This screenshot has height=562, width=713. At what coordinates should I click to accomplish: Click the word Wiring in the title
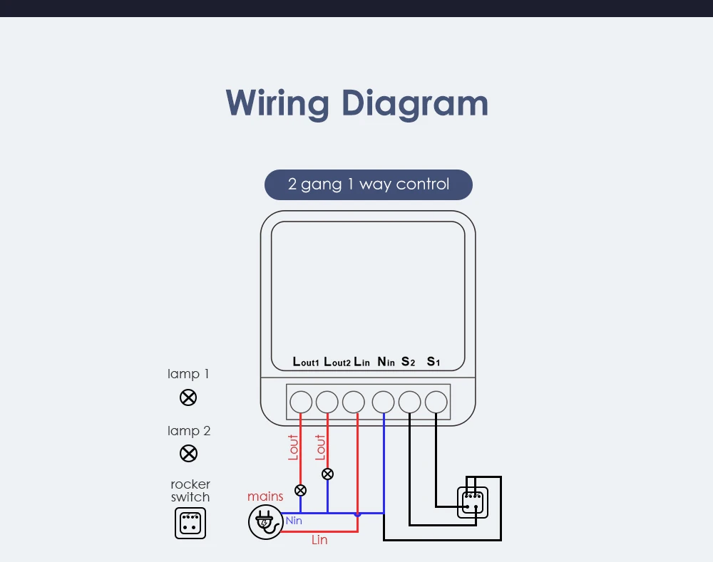tap(276, 103)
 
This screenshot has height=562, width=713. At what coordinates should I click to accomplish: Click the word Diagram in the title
tap(414, 103)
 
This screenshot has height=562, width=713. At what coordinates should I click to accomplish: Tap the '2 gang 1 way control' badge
tap(368, 184)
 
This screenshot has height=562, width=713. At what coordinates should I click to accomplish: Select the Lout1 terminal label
tap(306, 362)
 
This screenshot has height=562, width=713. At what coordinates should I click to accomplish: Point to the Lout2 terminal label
tap(337, 362)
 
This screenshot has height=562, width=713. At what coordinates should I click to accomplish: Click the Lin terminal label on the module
tap(361, 362)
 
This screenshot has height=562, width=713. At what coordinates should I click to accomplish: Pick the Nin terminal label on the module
tap(386, 362)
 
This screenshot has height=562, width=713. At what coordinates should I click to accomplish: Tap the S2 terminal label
tap(408, 362)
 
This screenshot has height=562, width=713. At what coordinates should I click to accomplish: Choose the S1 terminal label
tap(434, 362)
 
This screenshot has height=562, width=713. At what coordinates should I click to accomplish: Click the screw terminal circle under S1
tap(436, 402)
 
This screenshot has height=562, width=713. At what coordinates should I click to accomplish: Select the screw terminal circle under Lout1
tap(301, 402)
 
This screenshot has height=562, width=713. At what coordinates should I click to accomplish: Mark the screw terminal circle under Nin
tap(384, 402)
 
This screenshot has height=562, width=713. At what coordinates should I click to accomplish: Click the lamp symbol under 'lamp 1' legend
tap(188, 397)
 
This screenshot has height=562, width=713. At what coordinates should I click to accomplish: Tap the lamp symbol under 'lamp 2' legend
tap(188, 453)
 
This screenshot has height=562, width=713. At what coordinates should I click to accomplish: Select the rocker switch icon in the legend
tap(190, 523)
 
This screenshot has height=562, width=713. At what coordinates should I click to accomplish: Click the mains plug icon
tap(264, 522)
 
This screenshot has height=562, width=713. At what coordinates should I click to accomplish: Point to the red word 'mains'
tap(265, 496)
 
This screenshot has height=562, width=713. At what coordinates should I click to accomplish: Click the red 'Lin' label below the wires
tap(319, 540)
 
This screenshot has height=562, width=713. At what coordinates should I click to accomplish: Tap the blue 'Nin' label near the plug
tap(294, 521)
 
